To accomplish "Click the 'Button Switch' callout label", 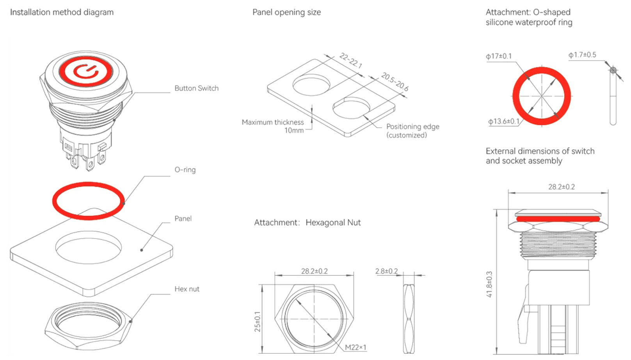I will [196, 88].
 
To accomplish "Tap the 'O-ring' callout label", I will [185, 169].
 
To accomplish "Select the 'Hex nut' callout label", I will [187, 289].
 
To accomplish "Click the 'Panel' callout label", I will [183, 218].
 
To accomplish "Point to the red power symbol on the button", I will [85, 71].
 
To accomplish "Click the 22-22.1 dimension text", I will [351, 61].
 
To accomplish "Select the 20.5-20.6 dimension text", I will [395, 82].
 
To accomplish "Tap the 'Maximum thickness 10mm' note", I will [273, 126].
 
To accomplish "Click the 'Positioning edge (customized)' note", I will [412, 130].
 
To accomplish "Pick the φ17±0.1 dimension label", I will [498, 56].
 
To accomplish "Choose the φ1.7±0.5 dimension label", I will [582, 55].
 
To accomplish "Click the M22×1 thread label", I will [355, 347].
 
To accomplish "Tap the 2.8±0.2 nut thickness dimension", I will [386, 271].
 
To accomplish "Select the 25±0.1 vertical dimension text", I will [258, 321].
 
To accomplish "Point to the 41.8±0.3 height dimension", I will [489, 284].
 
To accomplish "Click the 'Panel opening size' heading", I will [286, 12].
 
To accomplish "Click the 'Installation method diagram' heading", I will [62, 12].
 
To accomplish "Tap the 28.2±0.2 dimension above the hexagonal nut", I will [314, 271].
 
